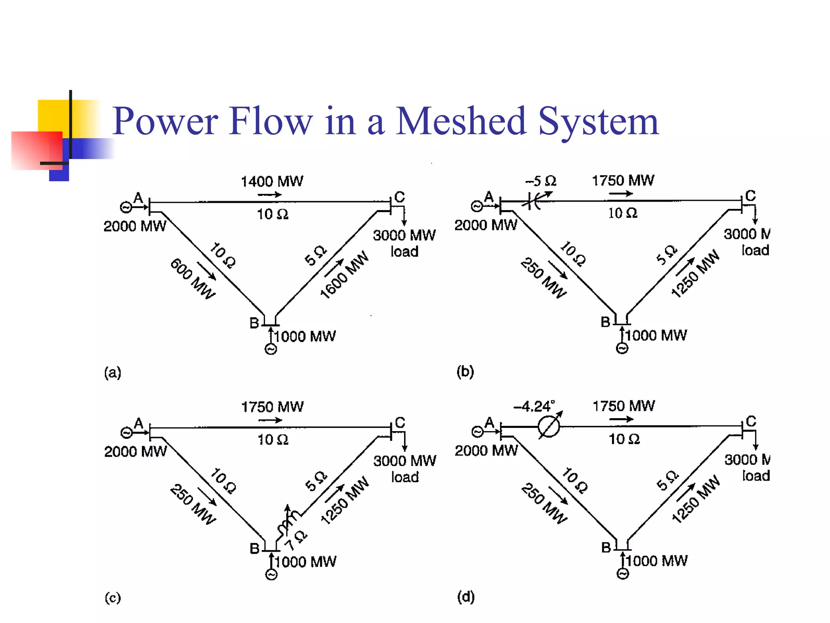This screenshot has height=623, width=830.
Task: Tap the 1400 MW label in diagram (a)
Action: (272, 181)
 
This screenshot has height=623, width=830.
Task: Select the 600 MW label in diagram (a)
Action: (193, 279)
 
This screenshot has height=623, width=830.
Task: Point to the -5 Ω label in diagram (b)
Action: (541, 181)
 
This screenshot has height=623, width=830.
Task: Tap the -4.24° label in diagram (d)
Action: (534, 406)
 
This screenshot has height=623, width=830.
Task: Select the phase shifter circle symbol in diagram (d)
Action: (549, 427)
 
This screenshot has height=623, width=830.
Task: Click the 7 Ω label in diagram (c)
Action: (295, 540)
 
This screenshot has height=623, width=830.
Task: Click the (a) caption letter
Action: (113, 372)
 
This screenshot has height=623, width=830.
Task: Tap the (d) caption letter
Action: (466, 597)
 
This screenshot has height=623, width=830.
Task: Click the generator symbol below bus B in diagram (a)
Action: (271, 349)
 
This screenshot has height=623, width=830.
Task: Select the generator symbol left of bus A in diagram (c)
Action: (126, 433)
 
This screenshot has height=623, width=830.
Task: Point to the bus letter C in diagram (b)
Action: (751, 196)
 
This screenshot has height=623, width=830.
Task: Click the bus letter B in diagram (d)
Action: (606, 548)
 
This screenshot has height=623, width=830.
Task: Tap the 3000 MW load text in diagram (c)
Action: (404, 468)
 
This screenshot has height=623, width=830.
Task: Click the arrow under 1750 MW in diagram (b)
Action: (620, 194)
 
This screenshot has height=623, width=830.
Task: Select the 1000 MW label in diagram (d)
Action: (657, 561)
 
